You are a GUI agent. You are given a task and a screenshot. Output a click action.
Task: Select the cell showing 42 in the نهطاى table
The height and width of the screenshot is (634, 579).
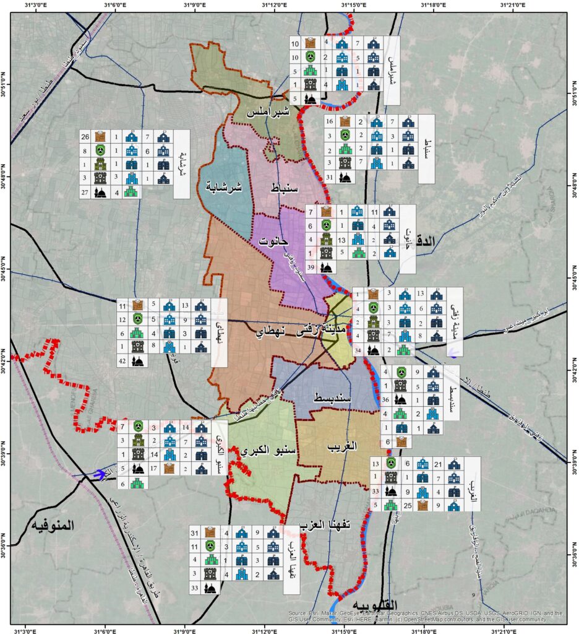click(122, 360)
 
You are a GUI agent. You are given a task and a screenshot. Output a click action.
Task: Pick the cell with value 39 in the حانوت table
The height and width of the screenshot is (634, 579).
click(311, 266)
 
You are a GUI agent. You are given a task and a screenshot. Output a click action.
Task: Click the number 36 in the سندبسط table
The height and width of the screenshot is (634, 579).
click(385, 399)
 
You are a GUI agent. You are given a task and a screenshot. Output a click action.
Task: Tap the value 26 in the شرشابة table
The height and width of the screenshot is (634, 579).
click(85, 136)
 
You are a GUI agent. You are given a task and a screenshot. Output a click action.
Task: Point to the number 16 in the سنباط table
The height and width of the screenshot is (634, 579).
click(330, 121)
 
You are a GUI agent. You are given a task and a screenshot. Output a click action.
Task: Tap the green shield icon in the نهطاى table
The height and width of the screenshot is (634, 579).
click(138, 319)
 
